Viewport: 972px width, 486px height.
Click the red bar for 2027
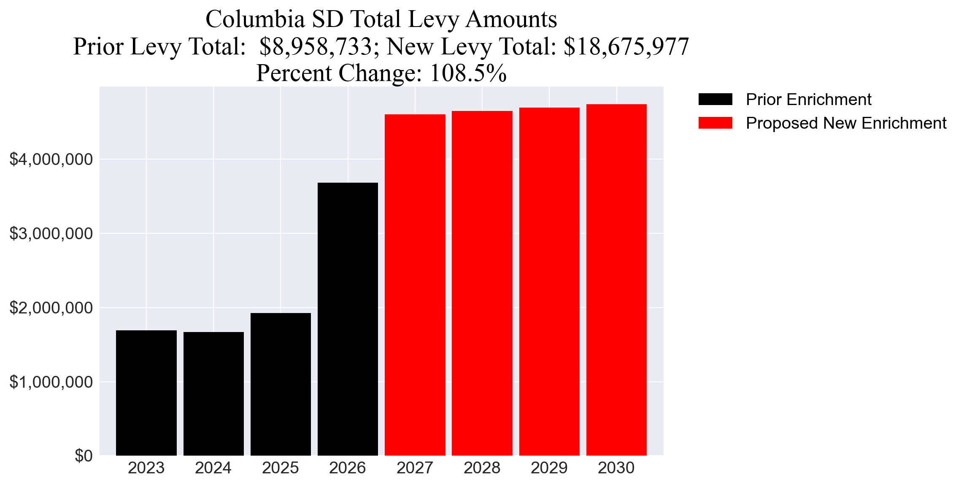415,285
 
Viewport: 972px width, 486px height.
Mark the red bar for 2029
549,281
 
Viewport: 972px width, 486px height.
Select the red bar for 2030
616,280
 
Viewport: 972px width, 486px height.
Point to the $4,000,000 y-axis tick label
51,159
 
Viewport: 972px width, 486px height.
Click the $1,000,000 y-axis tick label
51,382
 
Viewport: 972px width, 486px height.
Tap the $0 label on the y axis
83,456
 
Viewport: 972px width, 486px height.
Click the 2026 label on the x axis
348,468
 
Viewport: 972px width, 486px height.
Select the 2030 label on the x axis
616,468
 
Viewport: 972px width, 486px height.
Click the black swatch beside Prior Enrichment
715,100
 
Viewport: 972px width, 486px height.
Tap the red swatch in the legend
715,123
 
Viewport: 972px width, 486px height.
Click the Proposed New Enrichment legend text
846,123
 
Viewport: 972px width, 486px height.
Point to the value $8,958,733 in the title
316,46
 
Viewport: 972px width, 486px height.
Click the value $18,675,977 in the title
626,46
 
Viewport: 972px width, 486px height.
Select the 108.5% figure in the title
468,73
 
